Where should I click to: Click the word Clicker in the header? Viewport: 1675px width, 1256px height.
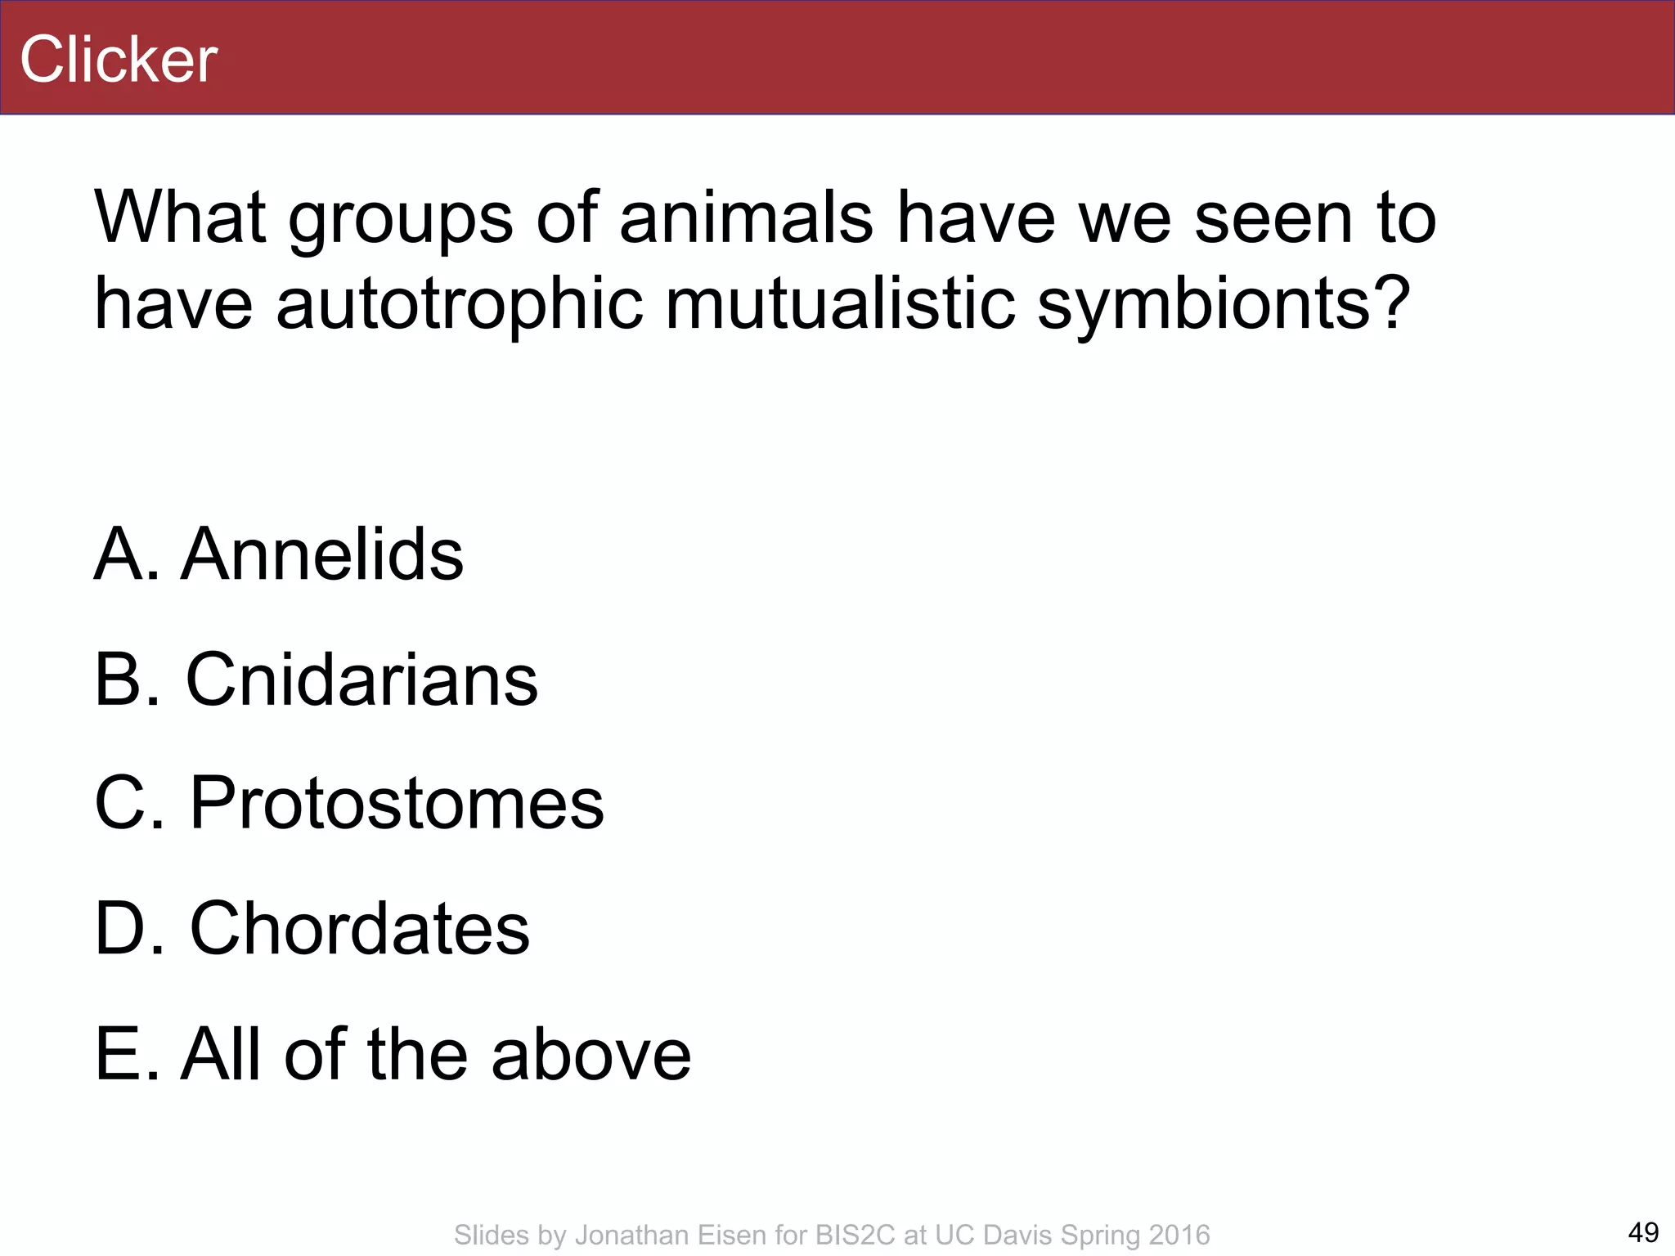pos(119,60)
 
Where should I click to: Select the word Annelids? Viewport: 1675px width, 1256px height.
pos(321,555)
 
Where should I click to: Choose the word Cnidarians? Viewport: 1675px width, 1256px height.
pos(361,680)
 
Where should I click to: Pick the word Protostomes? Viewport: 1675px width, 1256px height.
pos(397,804)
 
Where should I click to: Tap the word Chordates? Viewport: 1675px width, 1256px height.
pos(360,929)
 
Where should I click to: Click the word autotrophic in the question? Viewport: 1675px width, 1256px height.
pos(459,303)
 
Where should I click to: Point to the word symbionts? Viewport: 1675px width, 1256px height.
pos(1224,303)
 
